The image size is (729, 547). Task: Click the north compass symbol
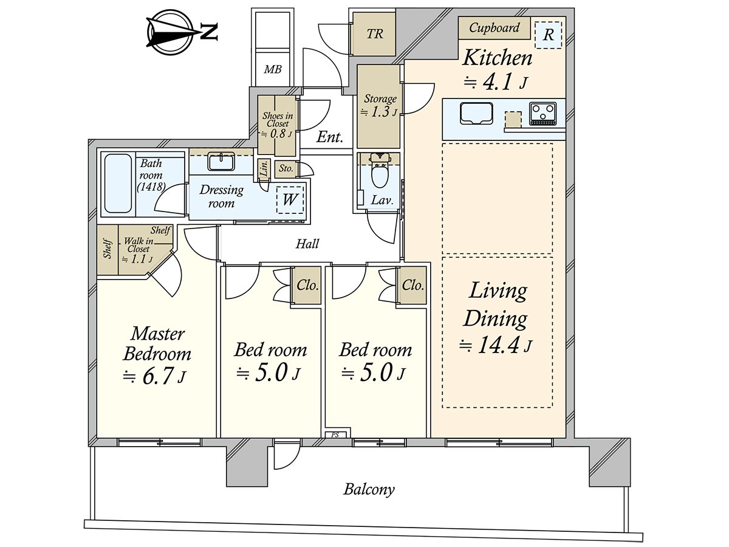pos(182,32)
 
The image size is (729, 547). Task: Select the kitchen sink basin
pos(476,113)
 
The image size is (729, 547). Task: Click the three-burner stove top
pos(542,114)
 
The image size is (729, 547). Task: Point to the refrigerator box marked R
pos(548,35)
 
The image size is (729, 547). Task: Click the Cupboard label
pos(494,27)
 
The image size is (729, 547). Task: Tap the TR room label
pos(375,34)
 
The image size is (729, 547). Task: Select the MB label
pos(273,69)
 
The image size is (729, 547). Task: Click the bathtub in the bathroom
pos(118,184)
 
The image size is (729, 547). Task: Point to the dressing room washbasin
pos(222,162)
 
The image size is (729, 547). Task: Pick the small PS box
pos(336,435)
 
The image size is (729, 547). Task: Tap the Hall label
pos(307,244)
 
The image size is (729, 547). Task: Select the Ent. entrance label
pos(329,137)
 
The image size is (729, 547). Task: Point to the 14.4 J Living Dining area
pos(496,346)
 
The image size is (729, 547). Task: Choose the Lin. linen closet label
pos(264,169)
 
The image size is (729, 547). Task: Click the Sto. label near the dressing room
pos(286,168)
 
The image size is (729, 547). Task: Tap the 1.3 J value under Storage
pos(380,112)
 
